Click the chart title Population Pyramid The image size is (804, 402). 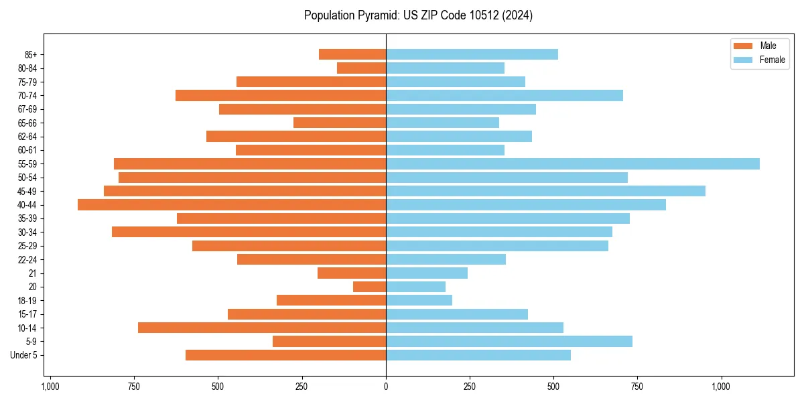click(418, 15)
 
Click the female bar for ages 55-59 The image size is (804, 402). click(573, 163)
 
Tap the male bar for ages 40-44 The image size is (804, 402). click(232, 204)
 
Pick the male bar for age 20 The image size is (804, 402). click(369, 287)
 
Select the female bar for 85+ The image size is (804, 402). click(472, 54)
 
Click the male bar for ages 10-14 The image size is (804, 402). click(262, 328)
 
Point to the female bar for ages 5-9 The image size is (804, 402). click(509, 341)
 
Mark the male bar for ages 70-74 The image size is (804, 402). click(281, 95)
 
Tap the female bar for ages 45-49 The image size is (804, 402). click(545, 191)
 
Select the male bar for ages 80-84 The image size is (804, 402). click(361, 68)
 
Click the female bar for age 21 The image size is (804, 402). click(427, 273)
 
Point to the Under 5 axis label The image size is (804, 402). click(23, 355)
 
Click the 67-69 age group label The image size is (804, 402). click(27, 109)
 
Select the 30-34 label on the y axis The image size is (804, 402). click(27, 232)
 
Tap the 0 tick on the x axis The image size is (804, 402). click(386, 387)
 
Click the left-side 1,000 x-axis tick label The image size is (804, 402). click(50, 387)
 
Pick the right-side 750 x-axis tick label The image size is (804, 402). click(637, 387)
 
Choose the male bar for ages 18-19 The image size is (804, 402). click(331, 300)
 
